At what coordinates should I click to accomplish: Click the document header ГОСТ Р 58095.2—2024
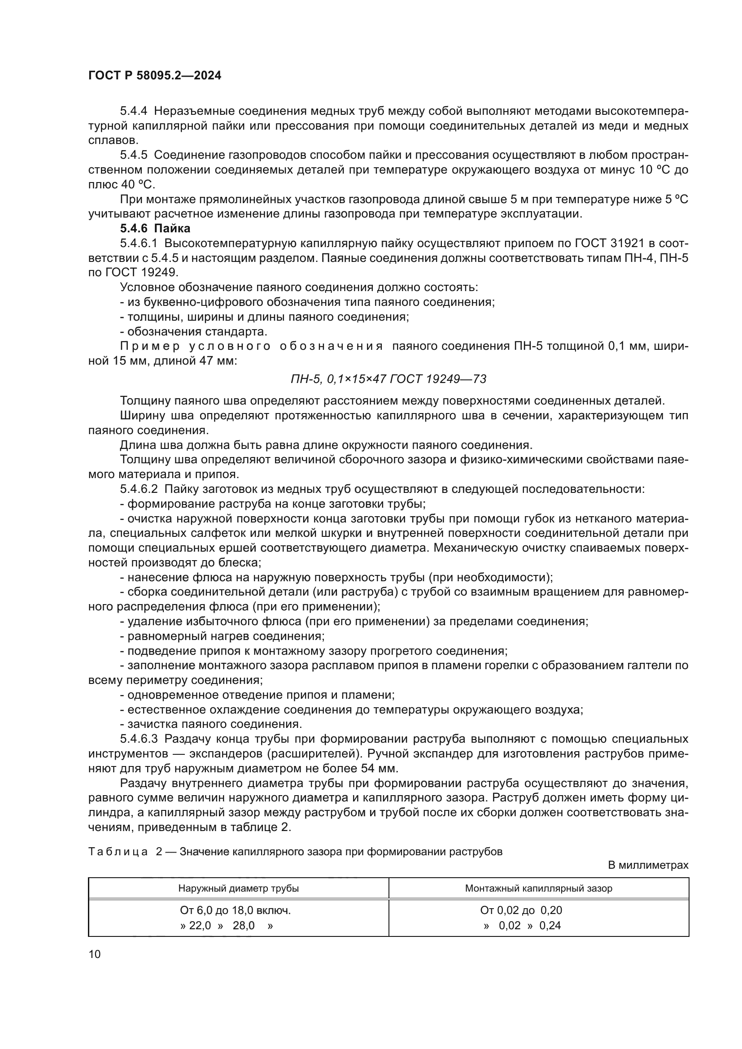tap(154, 76)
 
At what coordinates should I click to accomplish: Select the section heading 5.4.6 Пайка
tap(155, 228)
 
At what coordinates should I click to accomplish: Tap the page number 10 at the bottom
tap(94, 954)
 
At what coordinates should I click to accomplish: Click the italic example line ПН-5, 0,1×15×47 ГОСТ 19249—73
tap(388, 379)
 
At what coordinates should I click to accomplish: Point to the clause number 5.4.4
tap(133, 111)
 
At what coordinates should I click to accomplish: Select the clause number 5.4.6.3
tap(139, 739)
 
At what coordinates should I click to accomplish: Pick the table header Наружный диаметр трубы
tap(238, 888)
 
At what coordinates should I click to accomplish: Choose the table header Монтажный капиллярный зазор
tap(539, 888)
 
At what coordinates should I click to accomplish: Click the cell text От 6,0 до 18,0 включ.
tap(236, 910)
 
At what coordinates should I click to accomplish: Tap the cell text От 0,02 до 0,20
tap(521, 910)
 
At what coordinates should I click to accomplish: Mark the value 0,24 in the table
tap(550, 926)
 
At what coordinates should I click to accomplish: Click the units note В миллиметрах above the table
tap(648, 865)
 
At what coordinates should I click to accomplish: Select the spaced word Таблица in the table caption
tap(118, 852)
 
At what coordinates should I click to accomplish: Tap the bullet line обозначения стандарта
tap(194, 332)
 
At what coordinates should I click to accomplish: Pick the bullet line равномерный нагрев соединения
tap(223, 636)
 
